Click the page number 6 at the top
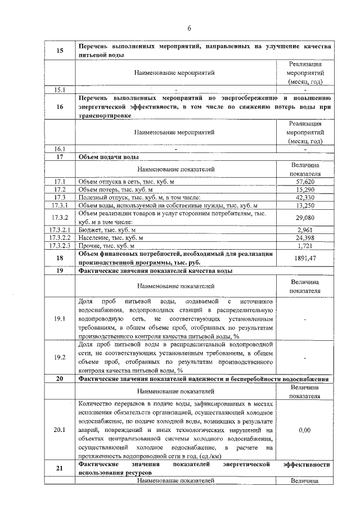[x=190, y=28]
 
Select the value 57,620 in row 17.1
[x=304, y=182]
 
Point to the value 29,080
[x=304, y=217]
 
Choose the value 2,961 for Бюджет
[x=304, y=230]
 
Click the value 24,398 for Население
[x=304, y=238]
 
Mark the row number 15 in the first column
[x=59, y=51]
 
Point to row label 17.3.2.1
[x=59, y=230]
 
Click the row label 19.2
[x=59, y=357]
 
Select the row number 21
[x=59, y=469]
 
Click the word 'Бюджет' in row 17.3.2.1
[x=91, y=230]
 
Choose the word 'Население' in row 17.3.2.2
[x=94, y=238]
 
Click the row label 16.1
[x=59, y=149]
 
